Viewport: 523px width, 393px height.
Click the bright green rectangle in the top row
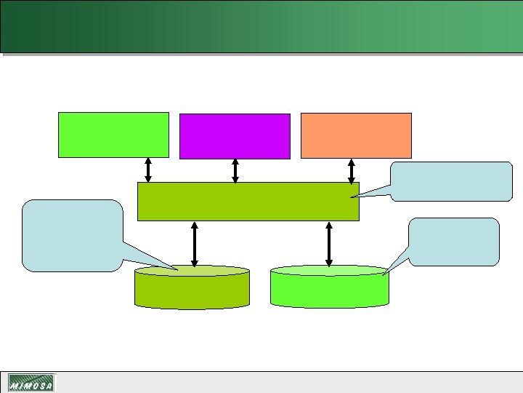(113, 135)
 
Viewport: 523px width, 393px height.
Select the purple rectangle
(235, 135)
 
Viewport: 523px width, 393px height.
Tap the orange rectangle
(356, 135)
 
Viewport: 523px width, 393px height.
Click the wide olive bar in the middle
(248, 201)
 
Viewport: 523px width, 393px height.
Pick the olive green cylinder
(192, 291)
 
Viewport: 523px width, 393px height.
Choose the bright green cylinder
(329, 290)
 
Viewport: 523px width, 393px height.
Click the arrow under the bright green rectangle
(148, 170)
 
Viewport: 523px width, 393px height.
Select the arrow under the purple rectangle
(235, 170)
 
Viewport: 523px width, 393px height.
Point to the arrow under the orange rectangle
(352, 170)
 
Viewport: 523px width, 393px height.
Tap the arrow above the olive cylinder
(194, 245)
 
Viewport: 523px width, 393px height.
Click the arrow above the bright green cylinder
(329, 245)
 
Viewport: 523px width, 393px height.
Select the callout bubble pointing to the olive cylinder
(72, 235)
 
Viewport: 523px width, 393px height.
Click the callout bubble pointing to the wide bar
(451, 180)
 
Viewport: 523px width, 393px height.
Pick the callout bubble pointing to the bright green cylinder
(454, 241)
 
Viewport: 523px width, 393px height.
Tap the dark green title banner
(261, 26)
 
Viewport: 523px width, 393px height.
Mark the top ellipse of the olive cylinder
(192, 271)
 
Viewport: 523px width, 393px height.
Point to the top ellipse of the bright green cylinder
(329, 271)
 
